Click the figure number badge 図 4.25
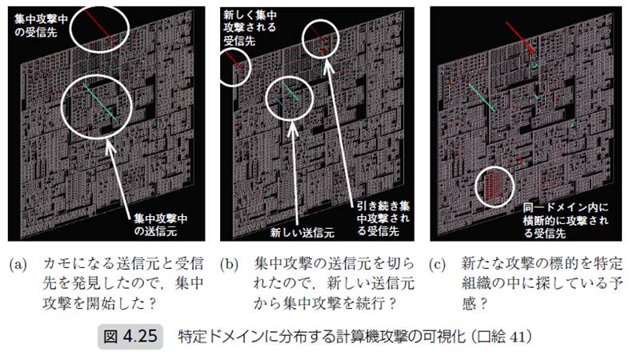click(130, 336)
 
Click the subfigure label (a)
click(18, 265)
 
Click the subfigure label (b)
click(229, 265)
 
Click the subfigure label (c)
click(437, 265)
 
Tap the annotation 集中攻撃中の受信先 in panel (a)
click(41, 26)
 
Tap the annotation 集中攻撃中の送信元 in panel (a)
click(161, 225)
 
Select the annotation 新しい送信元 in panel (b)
click(302, 233)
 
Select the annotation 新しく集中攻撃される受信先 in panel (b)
click(250, 28)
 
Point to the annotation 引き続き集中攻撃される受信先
click(383, 218)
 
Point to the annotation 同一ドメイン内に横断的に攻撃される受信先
click(566, 220)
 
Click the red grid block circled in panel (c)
click(494, 187)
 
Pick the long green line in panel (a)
click(99, 102)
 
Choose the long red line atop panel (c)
click(520, 38)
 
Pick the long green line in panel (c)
click(482, 97)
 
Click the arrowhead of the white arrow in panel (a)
click(109, 145)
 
